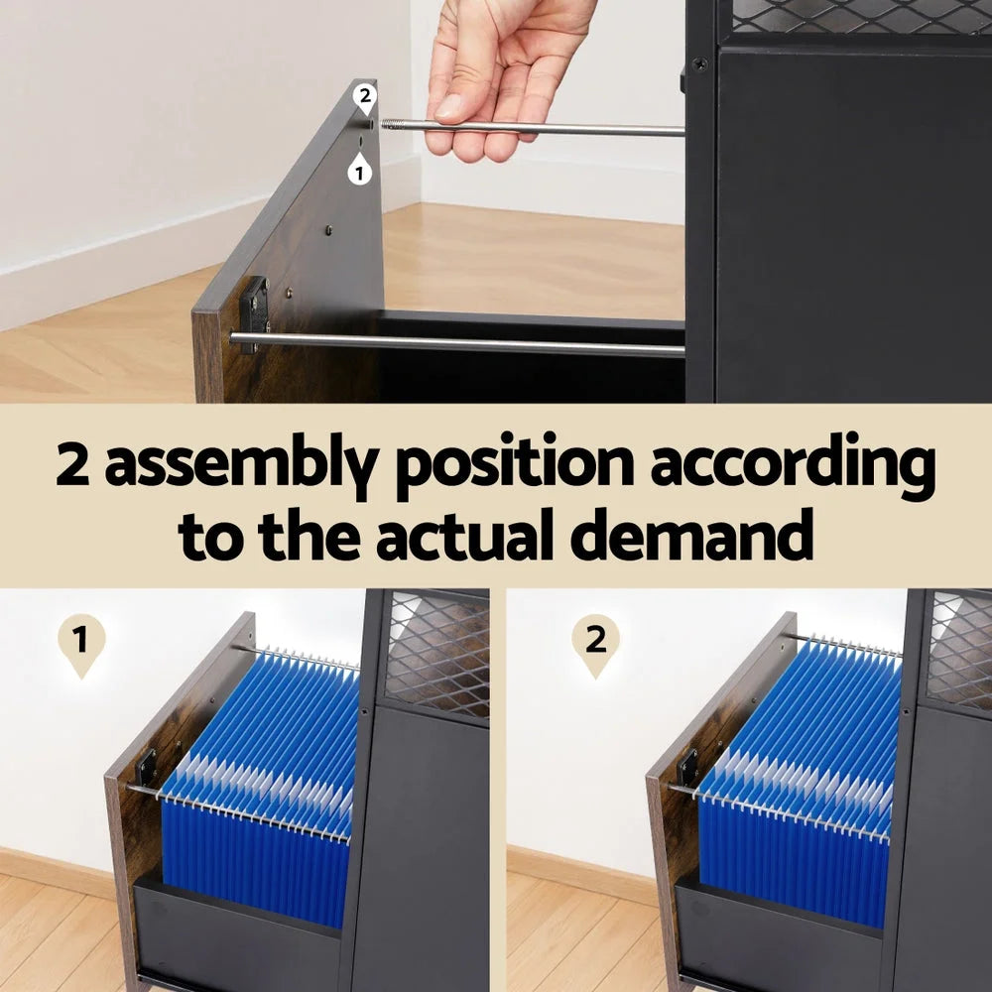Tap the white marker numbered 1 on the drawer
359,171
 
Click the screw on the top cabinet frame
700,63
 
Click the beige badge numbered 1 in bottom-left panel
81,643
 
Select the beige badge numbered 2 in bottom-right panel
595,643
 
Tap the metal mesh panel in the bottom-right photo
958,650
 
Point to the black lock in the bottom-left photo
147,767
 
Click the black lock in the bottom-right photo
686,767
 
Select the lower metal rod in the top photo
456,344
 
